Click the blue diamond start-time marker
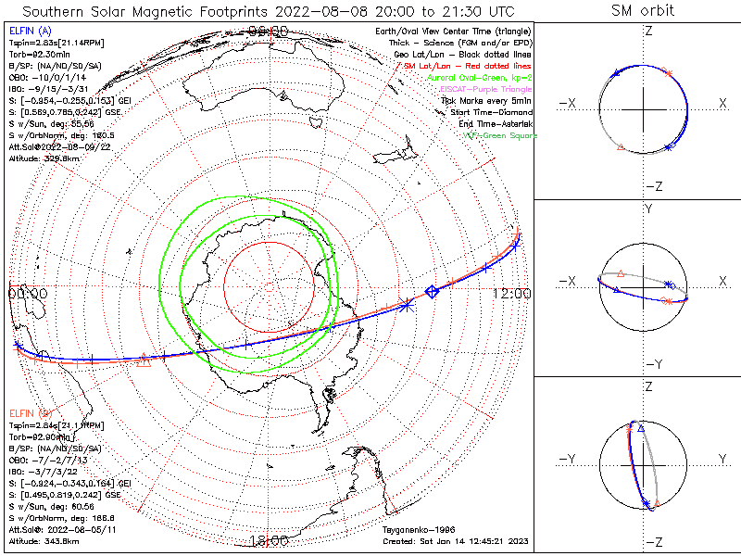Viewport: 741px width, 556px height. [431, 293]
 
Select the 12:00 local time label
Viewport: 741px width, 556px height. [511, 293]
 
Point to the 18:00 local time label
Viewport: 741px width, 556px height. [270, 540]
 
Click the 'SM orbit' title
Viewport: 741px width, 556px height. [643, 11]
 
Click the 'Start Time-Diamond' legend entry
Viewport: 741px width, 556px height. [491, 112]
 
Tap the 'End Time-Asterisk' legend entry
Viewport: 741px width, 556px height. [495, 124]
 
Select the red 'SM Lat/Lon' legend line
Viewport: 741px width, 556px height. [476, 67]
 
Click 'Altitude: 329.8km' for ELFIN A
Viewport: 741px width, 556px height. [43, 158]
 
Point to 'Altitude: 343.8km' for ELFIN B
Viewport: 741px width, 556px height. [43, 538]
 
